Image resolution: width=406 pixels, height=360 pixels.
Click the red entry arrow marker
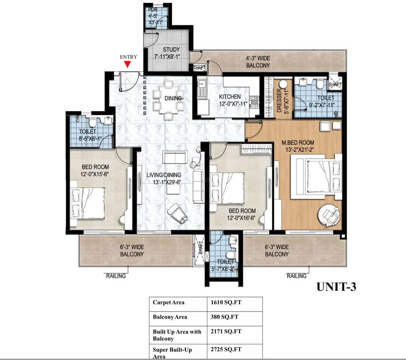point(128,64)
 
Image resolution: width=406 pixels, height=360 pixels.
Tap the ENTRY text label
point(128,57)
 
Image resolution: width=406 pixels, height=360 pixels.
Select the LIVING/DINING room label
point(163,178)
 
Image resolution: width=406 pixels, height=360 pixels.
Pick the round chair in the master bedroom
point(329,214)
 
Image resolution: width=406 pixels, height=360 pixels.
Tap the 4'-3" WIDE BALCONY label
point(258,63)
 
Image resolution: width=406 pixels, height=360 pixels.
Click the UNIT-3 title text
point(336,286)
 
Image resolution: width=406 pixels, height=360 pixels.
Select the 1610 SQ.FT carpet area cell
point(226,302)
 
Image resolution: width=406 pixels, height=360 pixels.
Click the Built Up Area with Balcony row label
point(177,335)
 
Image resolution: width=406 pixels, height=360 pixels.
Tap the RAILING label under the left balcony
point(116,276)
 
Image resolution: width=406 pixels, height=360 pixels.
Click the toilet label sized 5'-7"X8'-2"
point(223,265)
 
